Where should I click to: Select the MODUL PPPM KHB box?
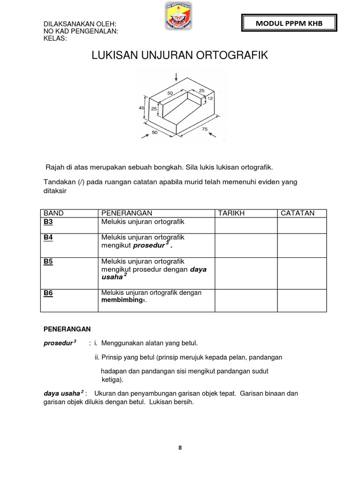pyautogui.click(x=289, y=23)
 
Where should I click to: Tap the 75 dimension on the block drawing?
pyautogui.click(x=204, y=129)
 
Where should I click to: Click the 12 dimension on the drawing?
pyautogui.click(x=210, y=98)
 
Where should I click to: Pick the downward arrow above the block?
pyautogui.click(x=176, y=77)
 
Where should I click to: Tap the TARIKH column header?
pyautogui.click(x=232, y=213)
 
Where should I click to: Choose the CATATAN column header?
pyautogui.click(x=298, y=213)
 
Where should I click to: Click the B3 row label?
pyautogui.click(x=48, y=221)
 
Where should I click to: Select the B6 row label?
pyautogui.click(x=48, y=293)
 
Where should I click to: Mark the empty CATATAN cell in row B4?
pyautogui.click(x=301, y=245)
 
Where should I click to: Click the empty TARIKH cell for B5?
pyautogui.click(x=246, y=273)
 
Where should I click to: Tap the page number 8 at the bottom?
pyautogui.click(x=180, y=448)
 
